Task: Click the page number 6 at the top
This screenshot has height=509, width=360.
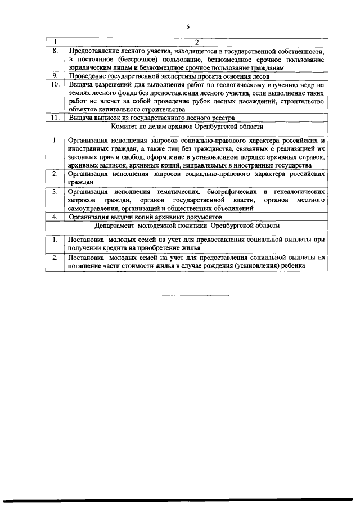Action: pyautogui.click(x=188, y=26)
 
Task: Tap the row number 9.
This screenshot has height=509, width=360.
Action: pyautogui.click(x=55, y=75)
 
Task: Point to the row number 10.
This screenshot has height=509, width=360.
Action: pyautogui.click(x=55, y=84)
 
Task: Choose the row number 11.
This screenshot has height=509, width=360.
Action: pyautogui.click(x=55, y=118)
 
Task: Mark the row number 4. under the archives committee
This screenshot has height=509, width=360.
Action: pyautogui.click(x=55, y=216)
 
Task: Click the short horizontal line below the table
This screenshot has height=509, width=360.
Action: pyautogui.click(x=196, y=295)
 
